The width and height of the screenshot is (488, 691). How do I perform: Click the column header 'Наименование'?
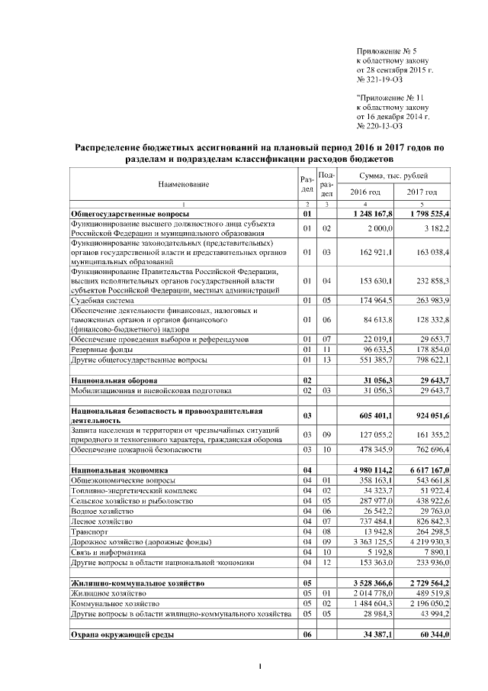(x=183, y=185)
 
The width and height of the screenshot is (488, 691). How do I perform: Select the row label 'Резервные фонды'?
(x=101, y=349)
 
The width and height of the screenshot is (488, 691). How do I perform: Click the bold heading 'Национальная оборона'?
(x=114, y=379)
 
